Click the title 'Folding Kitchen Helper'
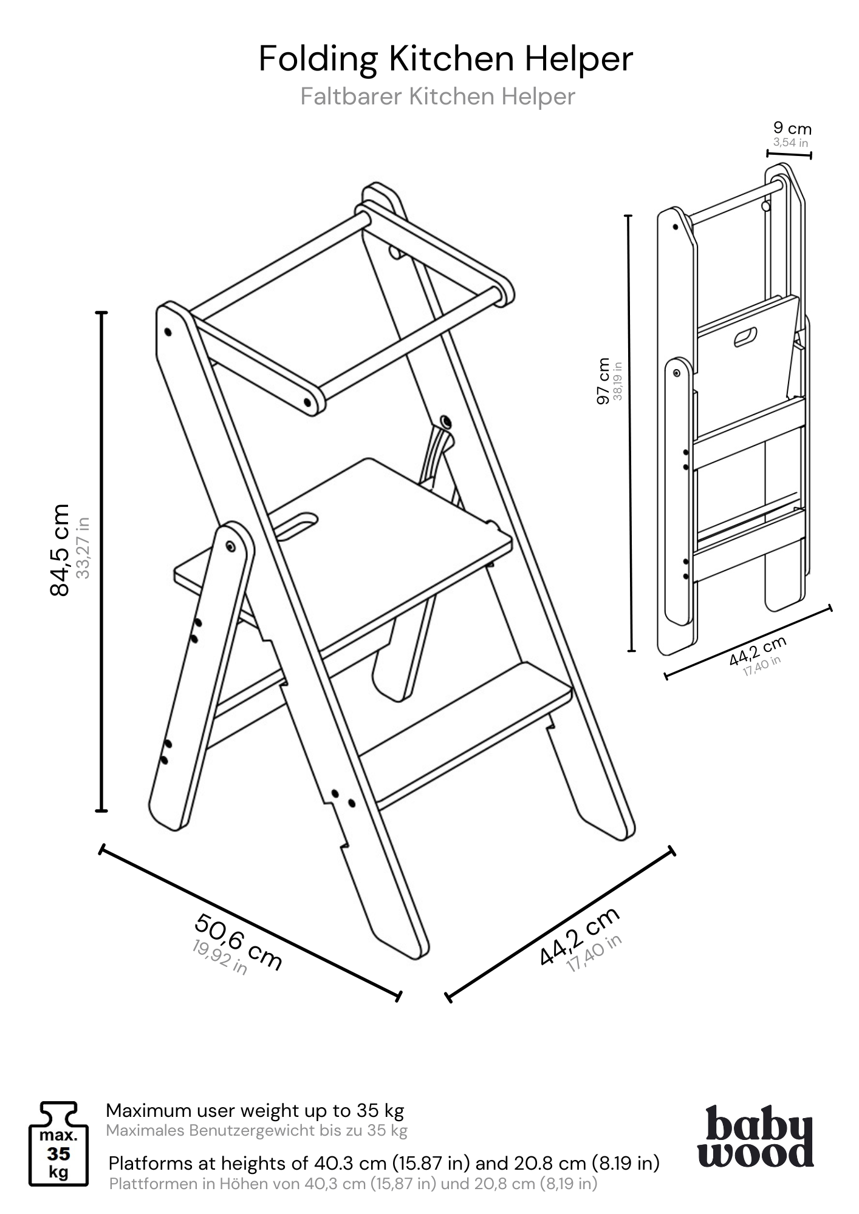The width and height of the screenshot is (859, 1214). click(x=446, y=59)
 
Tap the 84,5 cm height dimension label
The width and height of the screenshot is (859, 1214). click(x=60, y=550)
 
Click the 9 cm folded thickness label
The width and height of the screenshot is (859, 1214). click(x=792, y=129)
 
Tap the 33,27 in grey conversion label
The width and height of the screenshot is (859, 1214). click(x=84, y=548)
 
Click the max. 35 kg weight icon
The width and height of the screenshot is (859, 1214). click(x=58, y=1152)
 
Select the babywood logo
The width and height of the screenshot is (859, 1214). click(x=755, y=1136)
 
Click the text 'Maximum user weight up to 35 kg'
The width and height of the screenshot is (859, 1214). click(x=255, y=1110)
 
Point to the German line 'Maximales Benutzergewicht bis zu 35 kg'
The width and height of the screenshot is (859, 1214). click(x=257, y=1130)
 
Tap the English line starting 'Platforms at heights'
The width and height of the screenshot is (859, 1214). click(x=384, y=1163)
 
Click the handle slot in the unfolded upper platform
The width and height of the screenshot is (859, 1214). click(x=299, y=526)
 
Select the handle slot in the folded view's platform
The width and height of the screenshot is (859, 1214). click(x=746, y=337)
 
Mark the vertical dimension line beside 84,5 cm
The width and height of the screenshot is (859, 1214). click(x=102, y=561)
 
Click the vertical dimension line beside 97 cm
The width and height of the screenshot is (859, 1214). click(x=631, y=433)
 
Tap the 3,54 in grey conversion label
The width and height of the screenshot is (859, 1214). click(x=791, y=143)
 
